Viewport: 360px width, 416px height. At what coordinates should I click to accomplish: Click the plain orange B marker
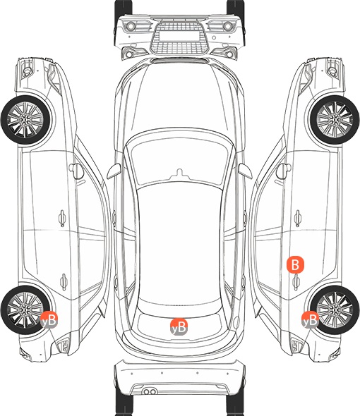click(x=295, y=264)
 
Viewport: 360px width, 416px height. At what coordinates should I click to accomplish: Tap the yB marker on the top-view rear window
click(x=179, y=327)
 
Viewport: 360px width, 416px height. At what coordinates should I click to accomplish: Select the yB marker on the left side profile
click(x=49, y=320)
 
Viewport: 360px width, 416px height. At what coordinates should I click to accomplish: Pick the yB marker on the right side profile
click(x=310, y=320)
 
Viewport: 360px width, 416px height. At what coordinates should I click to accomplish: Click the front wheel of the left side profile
click(x=26, y=120)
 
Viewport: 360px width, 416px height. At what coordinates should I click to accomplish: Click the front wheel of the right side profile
click(x=335, y=120)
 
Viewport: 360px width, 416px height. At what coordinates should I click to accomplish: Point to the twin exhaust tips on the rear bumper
click(x=150, y=391)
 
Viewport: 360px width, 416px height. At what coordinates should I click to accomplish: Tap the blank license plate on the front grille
click(x=179, y=36)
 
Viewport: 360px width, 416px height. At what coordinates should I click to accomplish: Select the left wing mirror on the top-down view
click(x=114, y=171)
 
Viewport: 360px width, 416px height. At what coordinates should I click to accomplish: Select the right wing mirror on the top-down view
click(x=245, y=171)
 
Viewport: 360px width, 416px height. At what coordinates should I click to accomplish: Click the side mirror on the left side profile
click(x=76, y=171)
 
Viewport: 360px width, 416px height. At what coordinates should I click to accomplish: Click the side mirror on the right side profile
click(x=284, y=171)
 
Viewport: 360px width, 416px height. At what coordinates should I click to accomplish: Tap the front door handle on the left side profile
click(x=62, y=218)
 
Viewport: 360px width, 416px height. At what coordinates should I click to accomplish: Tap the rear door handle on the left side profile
click(x=64, y=281)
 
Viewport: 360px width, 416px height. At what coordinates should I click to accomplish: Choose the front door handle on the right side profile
click(x=298, y=218)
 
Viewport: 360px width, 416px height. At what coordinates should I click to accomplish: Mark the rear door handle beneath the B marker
click(x=296, y=281)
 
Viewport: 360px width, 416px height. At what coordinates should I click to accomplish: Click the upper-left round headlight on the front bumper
click(x=131, y=26)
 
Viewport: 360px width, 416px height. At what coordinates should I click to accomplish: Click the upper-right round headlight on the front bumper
click(x=228, y=26)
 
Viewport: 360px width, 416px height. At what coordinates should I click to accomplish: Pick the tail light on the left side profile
click(x=63, y=345)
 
